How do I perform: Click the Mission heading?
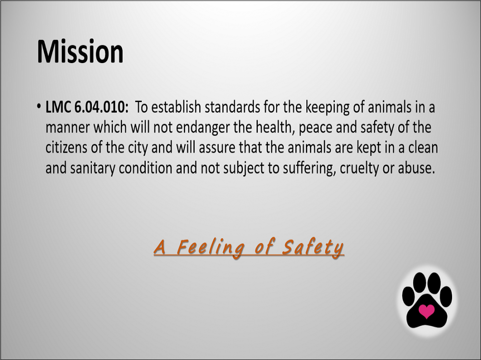pos(80,51)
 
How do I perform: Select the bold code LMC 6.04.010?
pos(87,107)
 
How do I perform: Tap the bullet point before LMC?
pos(38,106)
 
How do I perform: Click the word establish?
pos(177,107)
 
